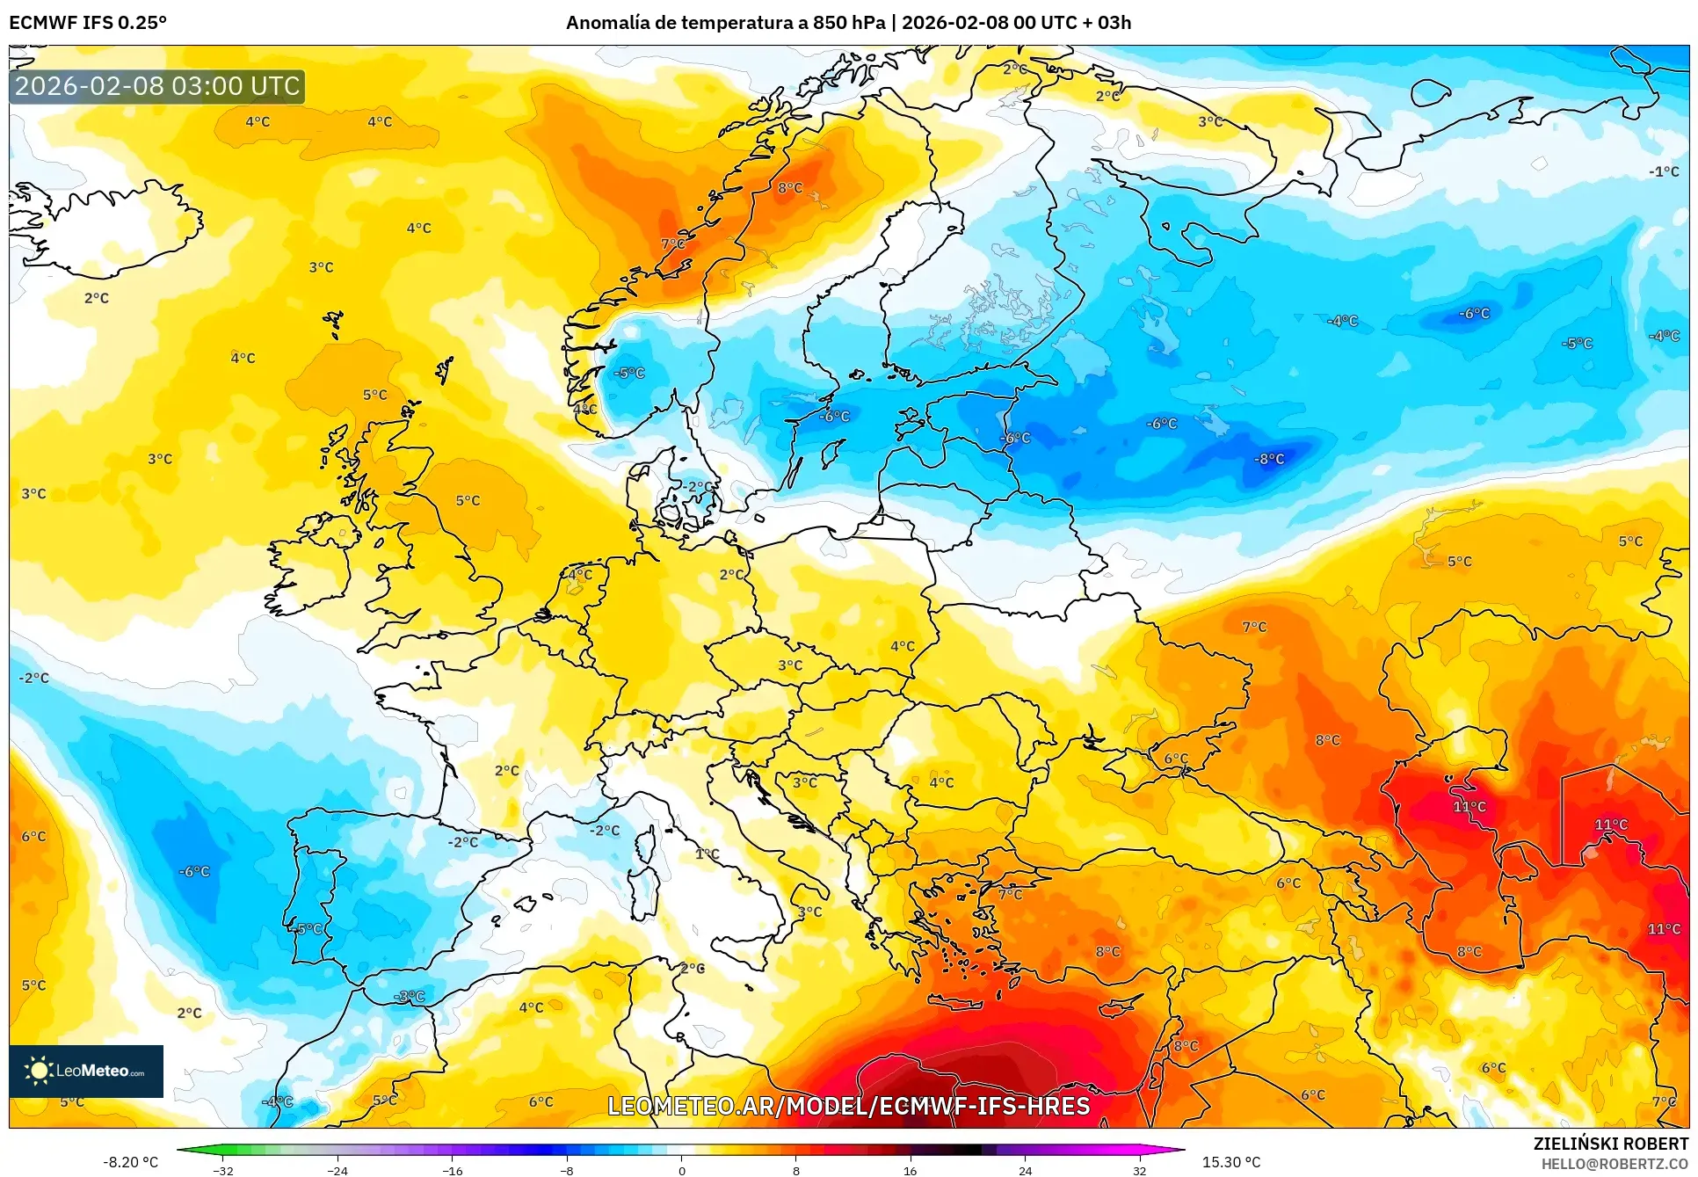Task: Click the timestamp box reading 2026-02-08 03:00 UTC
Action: [x=157, y=86]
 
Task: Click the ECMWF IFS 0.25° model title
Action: [x=88, y=23]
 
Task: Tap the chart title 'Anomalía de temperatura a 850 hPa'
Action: [x=725, y=23]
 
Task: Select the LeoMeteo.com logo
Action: [x=86, y=1071]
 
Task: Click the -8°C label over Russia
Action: [x=1269, y=459]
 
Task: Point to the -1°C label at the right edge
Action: [x=1663, y=171]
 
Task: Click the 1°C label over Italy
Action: [x=707, y=854]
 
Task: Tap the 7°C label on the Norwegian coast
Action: [x=672, y=243]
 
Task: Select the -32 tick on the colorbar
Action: [x=223, y=1171]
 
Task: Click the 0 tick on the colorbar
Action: [x=681, y=1171]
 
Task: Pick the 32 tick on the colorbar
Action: [x=1139, y=1171]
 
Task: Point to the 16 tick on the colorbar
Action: [x=910, y=1171]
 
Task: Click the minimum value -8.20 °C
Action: [x=131, y=1162]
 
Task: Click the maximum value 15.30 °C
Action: [x=1230, y=1162]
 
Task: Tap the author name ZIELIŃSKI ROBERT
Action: [x=1610, y=1144]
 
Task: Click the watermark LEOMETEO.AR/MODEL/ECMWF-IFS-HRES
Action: [x=848, y=1106]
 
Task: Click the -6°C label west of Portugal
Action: [x=194, y=871]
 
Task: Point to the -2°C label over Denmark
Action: [x=698, y=486]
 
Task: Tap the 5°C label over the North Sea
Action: [x=468, y=500]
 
